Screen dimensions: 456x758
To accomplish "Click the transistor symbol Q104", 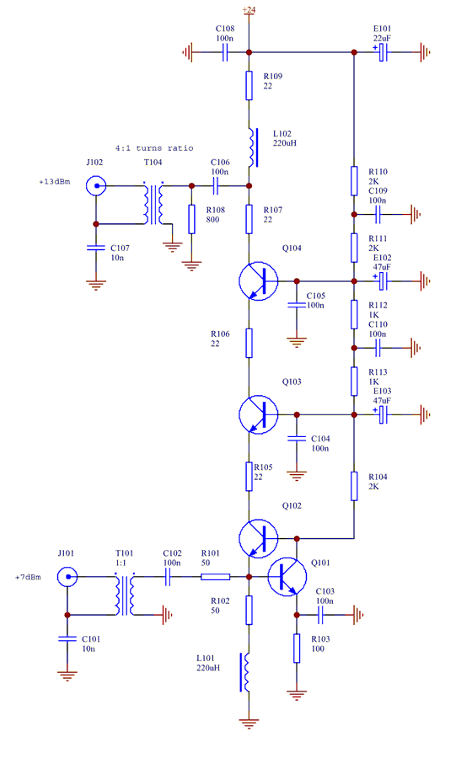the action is [258, 280].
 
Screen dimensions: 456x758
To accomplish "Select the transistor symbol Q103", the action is [258, 414].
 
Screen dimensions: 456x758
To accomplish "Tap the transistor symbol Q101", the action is [287, 577].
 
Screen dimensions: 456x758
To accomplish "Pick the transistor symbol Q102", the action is [258, 538].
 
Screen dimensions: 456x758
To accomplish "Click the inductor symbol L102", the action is [253, 147].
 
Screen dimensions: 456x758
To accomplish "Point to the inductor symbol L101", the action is [245, 672].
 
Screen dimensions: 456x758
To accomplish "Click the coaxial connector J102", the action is [96, 185].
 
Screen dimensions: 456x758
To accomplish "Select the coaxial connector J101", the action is [67, 577].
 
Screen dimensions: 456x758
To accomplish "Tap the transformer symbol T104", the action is [153, 203].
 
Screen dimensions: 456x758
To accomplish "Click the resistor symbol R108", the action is [191, 219].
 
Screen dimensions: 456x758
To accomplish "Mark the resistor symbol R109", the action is [249, 86].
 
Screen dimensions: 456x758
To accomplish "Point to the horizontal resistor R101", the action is [215, 577].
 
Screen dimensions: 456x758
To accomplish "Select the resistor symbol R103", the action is [297, 649].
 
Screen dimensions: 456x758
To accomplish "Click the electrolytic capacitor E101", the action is [383, 52].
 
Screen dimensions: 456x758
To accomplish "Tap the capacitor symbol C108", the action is [225, 52].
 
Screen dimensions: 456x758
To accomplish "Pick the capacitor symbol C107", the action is [96, 248].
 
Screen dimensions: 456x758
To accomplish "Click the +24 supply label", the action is [249, 9].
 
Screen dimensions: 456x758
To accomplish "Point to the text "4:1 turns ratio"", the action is [153, 148].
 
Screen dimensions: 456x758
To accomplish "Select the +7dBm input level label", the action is [28, 577].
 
